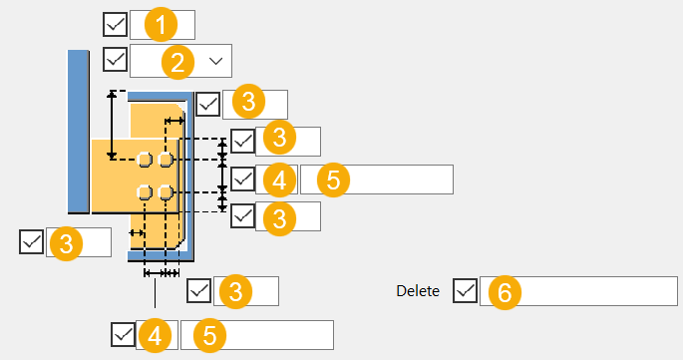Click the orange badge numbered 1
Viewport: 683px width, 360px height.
tap(161, 24)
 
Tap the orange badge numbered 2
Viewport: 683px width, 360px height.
tap(177, 62)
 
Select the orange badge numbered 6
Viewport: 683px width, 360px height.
tap(505, 292)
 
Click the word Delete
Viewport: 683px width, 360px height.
tap(418, 291)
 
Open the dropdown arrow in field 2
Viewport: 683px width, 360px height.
tap(216, 61)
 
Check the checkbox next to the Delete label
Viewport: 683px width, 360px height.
tap(466, 291)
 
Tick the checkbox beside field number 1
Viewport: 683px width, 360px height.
tap(115, 24)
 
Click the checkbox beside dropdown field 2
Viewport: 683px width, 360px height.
tap(115, 59)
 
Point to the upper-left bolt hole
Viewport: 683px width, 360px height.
tap(145, 160)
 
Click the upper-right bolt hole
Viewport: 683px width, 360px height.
tap(166, 160)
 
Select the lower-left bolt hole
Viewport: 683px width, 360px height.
tap(145, 191)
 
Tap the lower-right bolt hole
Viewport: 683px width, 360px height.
tap(166, 191)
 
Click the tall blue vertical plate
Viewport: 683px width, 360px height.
tap(79, 132)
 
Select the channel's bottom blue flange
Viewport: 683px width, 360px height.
tap(161, 256)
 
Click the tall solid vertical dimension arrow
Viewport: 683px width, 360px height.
tap(112, 125)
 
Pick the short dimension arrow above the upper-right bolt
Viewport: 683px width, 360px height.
tap(174, 121)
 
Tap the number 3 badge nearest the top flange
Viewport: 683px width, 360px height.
tap(248, 102)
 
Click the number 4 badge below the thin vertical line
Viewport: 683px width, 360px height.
tap(156, 336)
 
